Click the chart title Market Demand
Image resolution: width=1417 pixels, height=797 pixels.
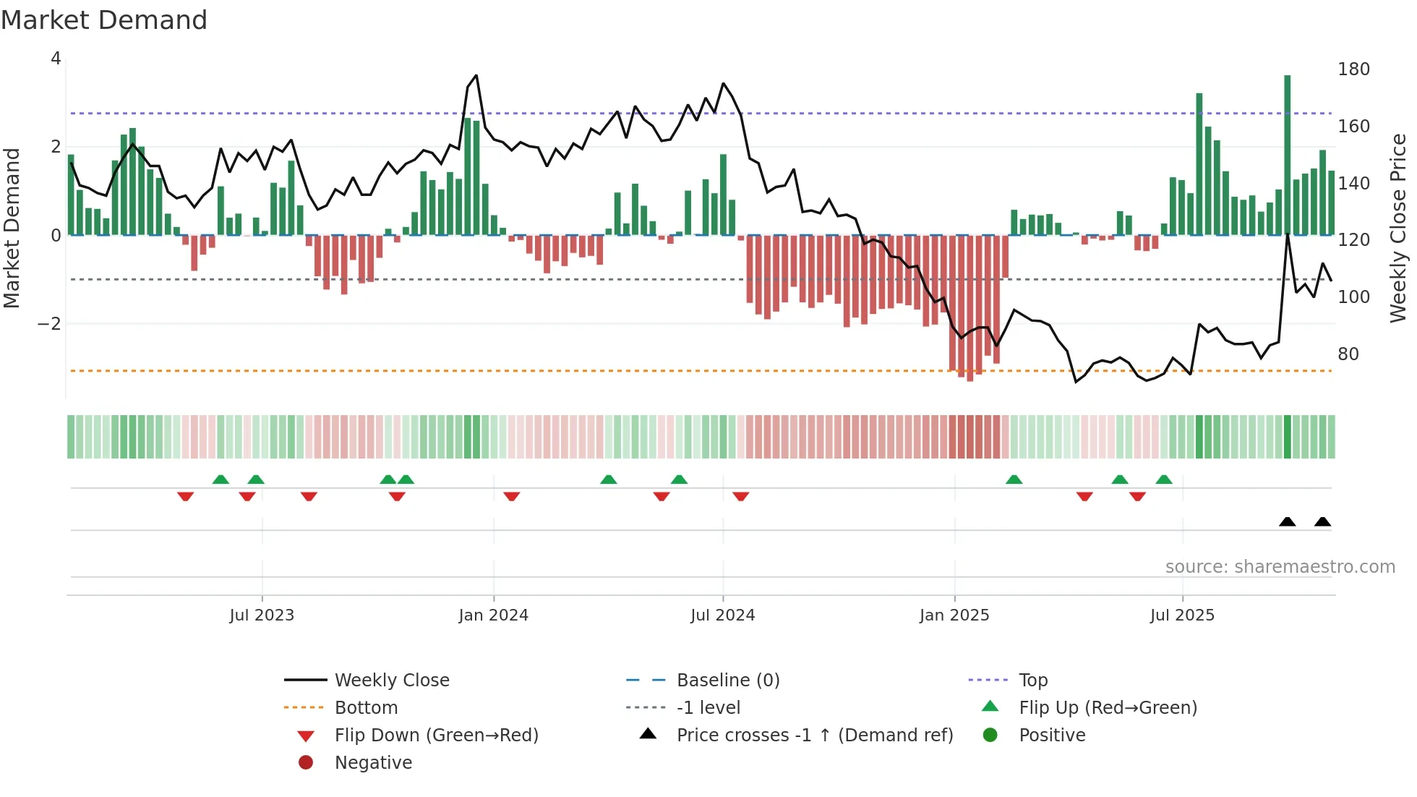point(104,20)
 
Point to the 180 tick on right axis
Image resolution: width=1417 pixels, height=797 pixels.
point(1353,69)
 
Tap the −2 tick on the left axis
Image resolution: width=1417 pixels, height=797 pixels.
point(49,324)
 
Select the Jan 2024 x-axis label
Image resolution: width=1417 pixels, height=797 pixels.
point(493,615)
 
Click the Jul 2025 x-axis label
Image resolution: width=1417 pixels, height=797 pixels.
point(1182,615)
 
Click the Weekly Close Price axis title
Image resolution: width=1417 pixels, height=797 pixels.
point(1398,228)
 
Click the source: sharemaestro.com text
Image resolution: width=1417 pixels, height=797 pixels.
point(1280,567)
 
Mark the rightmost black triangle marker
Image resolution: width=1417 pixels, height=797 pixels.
point(1322,521)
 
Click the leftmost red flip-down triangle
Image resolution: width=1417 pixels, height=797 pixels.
point(185,496)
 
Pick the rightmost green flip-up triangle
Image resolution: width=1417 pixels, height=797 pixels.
point(1164,480)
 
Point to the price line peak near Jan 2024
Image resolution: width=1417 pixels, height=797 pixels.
point(476,76)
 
